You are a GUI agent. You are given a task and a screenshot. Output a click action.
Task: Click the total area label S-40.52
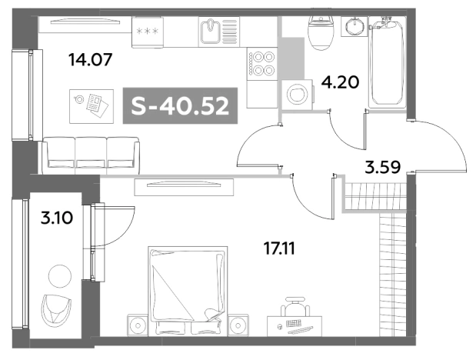[x=180, y=106]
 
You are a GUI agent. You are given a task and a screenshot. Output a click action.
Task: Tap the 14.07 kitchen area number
[x=91, y=59]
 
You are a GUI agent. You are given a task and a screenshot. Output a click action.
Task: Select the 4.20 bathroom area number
[x=341, y=82]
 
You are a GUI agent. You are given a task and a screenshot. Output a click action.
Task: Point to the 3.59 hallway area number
[x=383, y=167]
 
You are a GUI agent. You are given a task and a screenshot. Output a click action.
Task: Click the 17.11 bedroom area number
[x=279, y=248]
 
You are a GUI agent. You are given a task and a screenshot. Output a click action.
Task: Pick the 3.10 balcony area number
[x=57, y=218]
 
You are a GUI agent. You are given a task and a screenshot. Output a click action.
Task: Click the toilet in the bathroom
[x=321, y=33]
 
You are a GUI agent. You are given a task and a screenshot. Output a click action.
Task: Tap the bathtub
[x=388, y=62]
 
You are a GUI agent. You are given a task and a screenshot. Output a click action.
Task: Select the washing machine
[x=298, y=95]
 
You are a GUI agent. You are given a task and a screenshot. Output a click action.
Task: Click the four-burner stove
[x=261, y=64]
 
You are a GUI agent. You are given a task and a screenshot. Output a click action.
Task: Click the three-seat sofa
[x=91, y=155]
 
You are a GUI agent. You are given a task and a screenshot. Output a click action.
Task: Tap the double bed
[x=188, y=291]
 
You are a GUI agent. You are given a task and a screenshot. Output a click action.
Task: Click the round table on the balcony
[x=60, y=276]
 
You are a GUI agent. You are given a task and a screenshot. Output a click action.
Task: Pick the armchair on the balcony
[x=56, y=311]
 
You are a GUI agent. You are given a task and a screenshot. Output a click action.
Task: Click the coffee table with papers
[x=92, y=106]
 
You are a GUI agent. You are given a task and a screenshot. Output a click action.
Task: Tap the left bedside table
[x=138, y=325]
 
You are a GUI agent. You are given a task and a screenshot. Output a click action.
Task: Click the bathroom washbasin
[x=354, y=26]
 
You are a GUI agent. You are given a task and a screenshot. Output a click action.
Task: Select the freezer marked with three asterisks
[x=148, y=32]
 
